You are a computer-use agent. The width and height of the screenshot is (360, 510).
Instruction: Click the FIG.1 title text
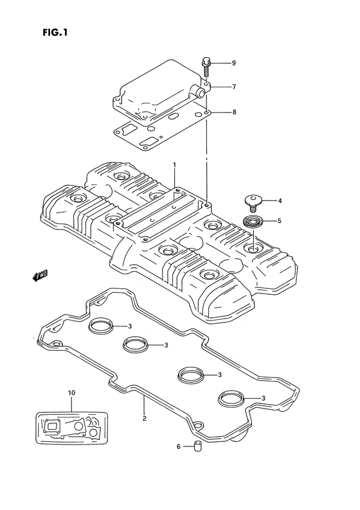point(55,32)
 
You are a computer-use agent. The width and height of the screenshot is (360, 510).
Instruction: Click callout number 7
point(234,87)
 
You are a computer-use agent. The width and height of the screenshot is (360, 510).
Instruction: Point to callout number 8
point(234,112)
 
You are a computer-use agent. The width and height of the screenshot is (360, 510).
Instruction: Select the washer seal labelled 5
point(253,222)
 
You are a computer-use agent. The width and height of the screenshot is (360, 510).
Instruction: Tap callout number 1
point(174,165)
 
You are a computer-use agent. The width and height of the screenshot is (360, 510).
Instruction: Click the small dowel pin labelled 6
point(197,446)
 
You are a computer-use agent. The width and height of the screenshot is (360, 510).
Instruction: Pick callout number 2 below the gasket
point(145,419)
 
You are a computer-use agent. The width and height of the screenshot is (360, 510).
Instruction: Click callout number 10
point(71,392)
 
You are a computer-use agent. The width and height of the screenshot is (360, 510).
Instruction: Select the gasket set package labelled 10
point(71,427)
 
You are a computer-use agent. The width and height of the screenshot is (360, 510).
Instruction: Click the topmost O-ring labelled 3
point(101,326)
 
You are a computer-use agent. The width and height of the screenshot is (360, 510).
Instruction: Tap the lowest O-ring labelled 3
point(231,398)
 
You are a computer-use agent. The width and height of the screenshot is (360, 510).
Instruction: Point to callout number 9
point(234,63)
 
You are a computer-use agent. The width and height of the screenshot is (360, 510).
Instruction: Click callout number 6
point(178,446)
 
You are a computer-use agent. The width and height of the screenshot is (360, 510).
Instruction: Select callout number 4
point(280,200)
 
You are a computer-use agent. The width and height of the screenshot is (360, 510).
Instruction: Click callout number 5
point(279,221)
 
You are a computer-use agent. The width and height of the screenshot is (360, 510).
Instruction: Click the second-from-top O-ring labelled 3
point(136,344)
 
